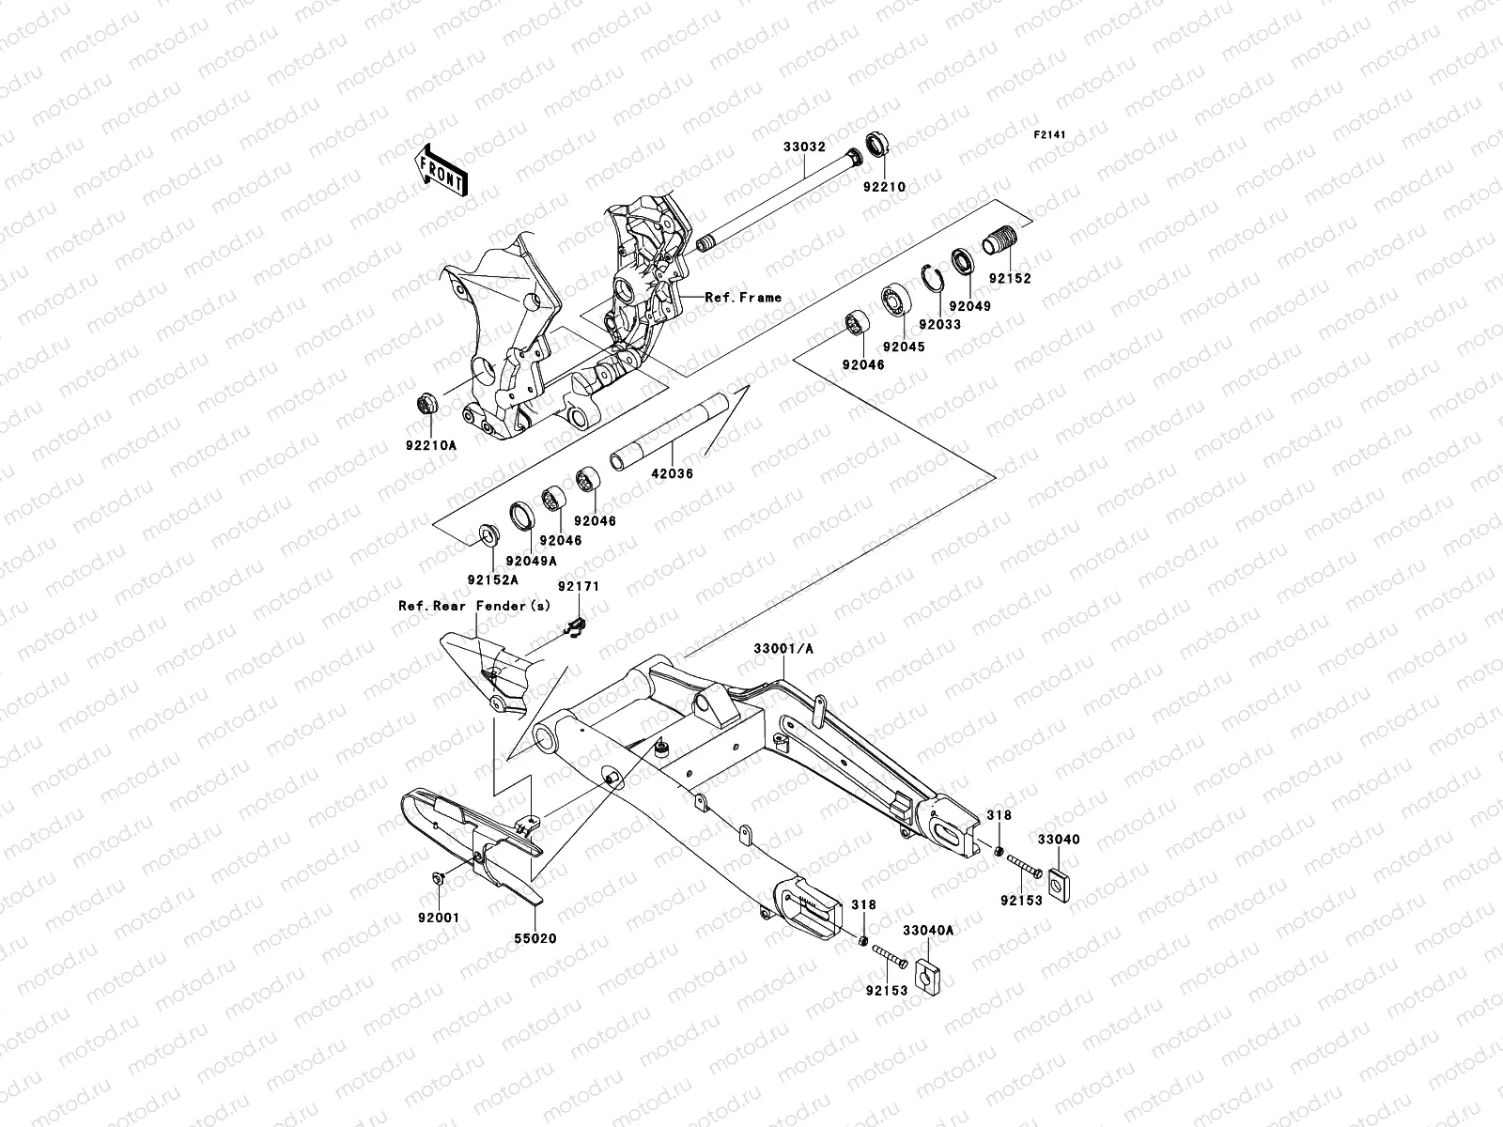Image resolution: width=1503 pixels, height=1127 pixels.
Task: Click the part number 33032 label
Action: pos(804,147)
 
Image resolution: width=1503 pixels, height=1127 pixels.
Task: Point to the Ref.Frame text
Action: pos(743,298)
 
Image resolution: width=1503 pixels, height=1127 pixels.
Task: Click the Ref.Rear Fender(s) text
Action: pos(474,606)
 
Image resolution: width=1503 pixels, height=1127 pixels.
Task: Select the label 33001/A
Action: pos(783,648)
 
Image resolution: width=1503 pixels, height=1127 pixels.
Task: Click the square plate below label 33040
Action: pos(1058,883)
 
